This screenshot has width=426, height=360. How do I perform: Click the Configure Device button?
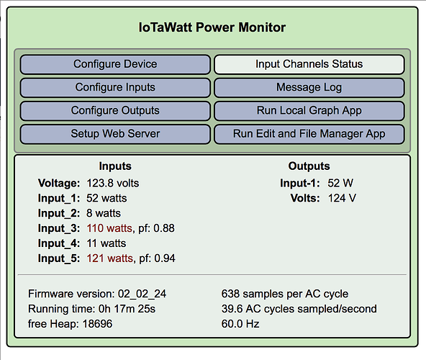[115, 65]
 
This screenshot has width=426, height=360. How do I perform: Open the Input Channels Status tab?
[309, 65]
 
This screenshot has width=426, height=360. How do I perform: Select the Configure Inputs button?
[115, 88]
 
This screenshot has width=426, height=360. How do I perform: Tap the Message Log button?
[309, 88]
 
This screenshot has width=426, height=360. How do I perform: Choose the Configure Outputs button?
[115, 111]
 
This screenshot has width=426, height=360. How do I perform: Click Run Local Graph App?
[309, 111]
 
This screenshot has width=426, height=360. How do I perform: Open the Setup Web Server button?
[115, 134]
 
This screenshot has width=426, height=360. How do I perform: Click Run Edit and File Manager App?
[309, 134]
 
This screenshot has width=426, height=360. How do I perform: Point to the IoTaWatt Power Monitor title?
[212, 27]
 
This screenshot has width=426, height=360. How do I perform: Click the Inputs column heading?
[115, 166]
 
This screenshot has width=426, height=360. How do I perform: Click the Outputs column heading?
[309, 166]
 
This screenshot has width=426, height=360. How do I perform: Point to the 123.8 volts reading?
[113, 184]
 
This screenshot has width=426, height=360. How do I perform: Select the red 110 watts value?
[109, 228]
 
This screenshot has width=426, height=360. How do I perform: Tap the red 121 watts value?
[110, 258]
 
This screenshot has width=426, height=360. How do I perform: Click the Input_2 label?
[59, 213]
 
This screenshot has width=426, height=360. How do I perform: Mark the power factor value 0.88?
[164, 228]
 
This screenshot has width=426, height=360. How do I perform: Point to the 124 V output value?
[342, 198]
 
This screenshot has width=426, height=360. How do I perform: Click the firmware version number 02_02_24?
[142, 294]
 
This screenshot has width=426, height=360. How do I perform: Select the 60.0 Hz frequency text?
[240, 324]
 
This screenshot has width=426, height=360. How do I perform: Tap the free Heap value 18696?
[97, 324]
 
